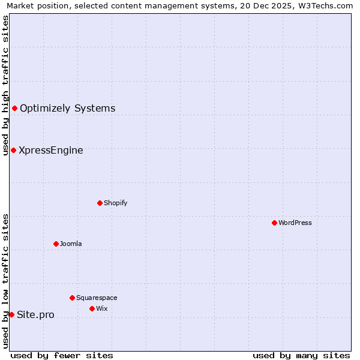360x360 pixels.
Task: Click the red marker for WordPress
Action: coord(274,223)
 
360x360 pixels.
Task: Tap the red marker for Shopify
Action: coord(100,203)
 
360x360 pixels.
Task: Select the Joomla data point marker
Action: coord(56,244)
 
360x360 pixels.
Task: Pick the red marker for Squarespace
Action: coord(72,298)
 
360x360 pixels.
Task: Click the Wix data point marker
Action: coord(92,308)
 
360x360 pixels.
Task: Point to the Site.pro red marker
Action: coord(11,314)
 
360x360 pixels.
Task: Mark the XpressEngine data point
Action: coord(13,150)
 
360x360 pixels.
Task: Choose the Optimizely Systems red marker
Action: coord(14,108)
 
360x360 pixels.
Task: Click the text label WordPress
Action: coord(295,223)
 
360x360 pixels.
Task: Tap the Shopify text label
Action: coord(115,203)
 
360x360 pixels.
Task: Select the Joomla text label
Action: coord(71,244)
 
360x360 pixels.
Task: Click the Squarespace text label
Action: coord(97,298)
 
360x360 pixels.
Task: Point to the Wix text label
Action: coord(101,308)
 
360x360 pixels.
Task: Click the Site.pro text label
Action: coord(35,315)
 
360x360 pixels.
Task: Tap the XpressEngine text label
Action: coord(51,151)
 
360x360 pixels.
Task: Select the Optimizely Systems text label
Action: coord(68,109)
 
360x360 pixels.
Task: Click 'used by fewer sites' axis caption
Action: coord(62,355)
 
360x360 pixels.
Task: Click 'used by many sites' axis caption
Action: coord(301,355)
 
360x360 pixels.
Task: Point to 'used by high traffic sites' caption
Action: coord(5,85)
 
